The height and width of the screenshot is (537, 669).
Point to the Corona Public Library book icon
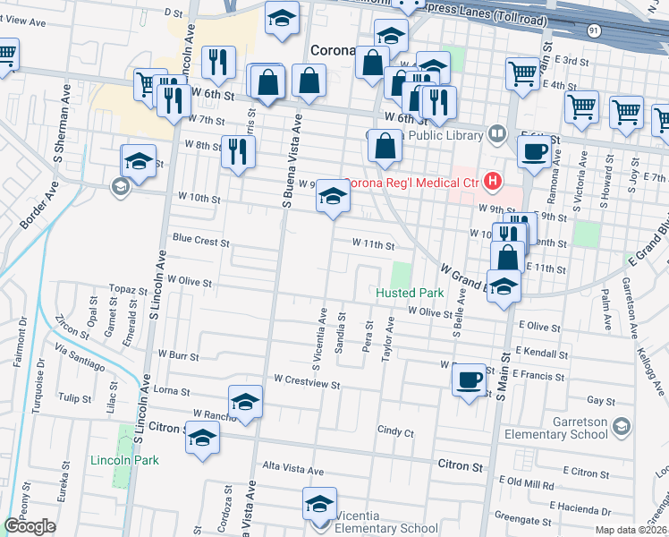click(x=497, y=134)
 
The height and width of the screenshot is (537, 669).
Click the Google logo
click(x=30, y=525)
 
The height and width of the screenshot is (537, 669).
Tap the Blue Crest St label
click(x=201, y=242)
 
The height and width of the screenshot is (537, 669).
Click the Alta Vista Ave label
click(x=292, y=469)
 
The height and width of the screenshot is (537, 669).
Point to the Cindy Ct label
click(x=395, y=431)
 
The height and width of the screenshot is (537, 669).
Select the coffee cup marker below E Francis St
click(x=467, y=381)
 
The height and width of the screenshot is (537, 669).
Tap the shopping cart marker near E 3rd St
click(x=522, y=73)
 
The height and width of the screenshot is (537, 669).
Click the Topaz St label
click(x=128, y=291)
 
